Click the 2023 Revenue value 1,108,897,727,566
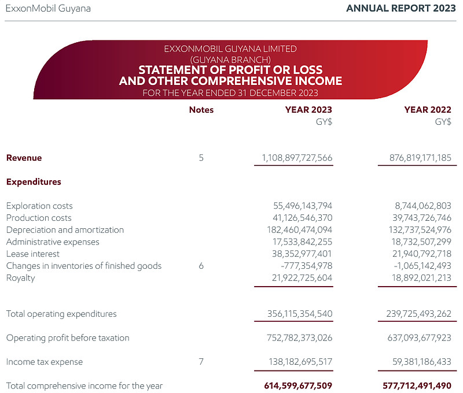(297, 158)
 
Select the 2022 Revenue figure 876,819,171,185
(420, 158)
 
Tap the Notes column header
(201, 110)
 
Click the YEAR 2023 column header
(308, 110)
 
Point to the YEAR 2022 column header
(428, 110)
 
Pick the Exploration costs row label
(39, 206)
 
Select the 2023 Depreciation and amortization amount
(299, 229)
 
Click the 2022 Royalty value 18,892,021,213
(421, 278)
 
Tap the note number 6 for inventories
(201, 266)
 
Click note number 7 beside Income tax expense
(201, 361)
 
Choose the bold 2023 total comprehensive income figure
(298, 385)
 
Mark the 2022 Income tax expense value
(422, 361)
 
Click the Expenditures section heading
(34, 182)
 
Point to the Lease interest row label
(33, 254)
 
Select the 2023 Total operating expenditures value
(300, 314)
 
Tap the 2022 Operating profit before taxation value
(419, 338)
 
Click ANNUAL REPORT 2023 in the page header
(401, 8)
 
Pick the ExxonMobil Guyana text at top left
(48, 9)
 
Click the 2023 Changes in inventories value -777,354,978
(307, 266)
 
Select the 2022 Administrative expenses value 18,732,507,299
(421, 242)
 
